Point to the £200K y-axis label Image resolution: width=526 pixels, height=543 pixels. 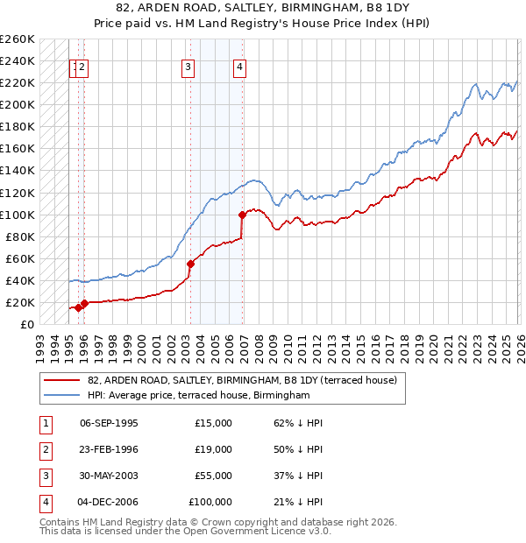coord(17,104)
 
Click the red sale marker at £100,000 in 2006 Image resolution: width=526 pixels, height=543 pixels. coord(241,214)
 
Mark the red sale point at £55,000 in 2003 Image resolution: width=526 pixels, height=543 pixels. coord(190,263)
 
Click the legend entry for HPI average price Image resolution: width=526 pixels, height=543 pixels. coord(199,396)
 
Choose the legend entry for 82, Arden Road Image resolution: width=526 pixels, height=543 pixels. coord(242,380)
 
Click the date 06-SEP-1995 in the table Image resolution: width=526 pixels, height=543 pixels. coord(109,423)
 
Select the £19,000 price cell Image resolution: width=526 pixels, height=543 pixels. coord(214,449)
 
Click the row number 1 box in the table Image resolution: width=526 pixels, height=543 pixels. coord(45,423)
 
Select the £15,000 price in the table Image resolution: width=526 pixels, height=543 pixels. coord(214,423)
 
